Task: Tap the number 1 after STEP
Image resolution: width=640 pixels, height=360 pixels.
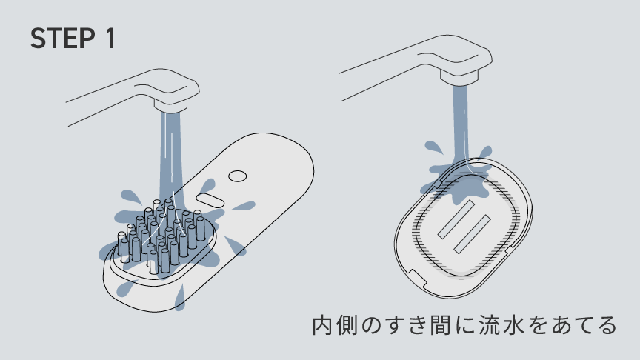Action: (108, 39)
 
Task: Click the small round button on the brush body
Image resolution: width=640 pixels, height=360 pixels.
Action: (237, 176)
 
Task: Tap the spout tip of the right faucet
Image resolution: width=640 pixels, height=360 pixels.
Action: (461, 74)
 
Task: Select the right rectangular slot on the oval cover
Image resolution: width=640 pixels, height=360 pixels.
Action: (474, 230)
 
